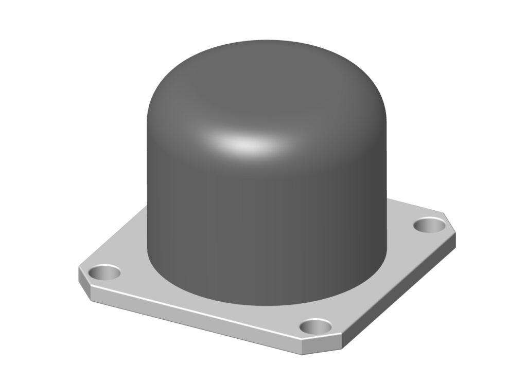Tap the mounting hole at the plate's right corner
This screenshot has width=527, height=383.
point(429,224)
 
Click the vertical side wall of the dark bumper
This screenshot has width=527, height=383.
point(268,231)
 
